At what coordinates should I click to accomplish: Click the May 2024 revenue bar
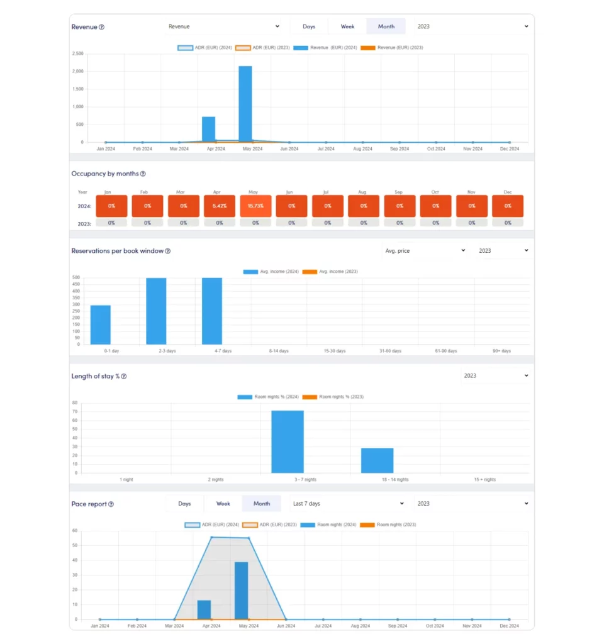[245, 104]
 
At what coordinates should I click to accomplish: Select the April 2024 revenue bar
[208, 129]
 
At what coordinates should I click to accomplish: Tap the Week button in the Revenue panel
[347, 26]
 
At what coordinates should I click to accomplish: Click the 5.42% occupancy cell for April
[220, 206]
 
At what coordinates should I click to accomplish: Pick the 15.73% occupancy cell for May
[255, 206]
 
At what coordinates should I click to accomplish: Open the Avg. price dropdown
[425, 250]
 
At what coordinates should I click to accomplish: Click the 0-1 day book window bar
[101, 325]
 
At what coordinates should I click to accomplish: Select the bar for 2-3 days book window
[156, 311]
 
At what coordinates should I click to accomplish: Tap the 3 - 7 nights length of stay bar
[288, 441]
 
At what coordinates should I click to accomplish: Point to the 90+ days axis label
[501, 351]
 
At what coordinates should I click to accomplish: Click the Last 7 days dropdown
[348, 504]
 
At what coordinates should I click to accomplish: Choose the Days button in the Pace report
[184, 504]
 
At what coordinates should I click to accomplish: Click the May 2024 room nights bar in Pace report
[242, 591]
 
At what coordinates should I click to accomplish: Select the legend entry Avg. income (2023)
[330, 272]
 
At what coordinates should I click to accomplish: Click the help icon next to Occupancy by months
[143, 174]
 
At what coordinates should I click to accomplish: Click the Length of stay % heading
[95, 376]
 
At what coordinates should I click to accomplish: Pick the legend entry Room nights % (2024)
[268, 397]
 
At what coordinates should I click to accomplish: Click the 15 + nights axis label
[484, 480]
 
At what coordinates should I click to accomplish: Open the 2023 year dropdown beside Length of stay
[496, 376]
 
